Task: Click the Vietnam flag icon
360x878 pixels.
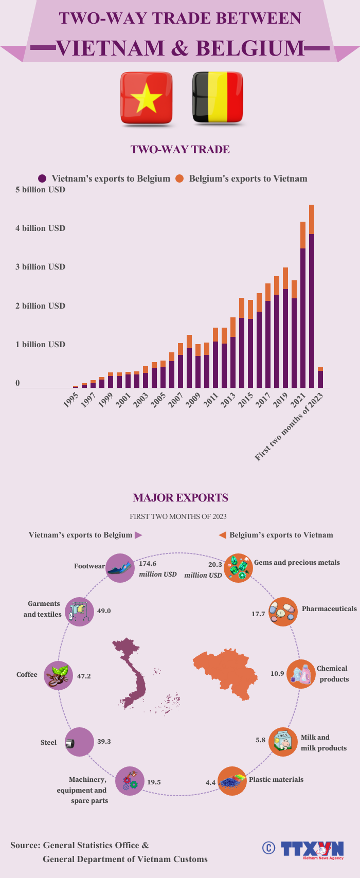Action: pyautogui.click(x=146, y=98)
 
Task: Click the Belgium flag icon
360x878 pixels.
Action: pyautogui.click(x=217, y=98)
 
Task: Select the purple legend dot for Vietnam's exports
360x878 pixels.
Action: pyautogui.click(x=42, y=178)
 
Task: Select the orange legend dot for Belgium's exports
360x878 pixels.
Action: pyautogui.click(x=179, y=178)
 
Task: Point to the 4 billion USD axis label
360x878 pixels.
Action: pyautogui.click(x=40, y=228)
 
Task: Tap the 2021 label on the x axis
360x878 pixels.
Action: pyautogui.click(x=298, y=401)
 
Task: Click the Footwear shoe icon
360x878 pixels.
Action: pyautogui.click(x=120, y=568)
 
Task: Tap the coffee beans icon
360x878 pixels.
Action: pyautogui.click(x=58, y=676)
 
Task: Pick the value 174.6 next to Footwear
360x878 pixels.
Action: pyautogui.click(x=148, y=564)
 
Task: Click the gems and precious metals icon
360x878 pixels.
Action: pyautogui.click(x=238, y=568)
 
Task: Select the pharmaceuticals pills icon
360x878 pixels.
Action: pyautogui.click(x=283, y=612)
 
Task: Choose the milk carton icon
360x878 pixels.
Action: pyautogui.click(x=283, y=742)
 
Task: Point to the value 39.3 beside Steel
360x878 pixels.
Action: pyautogui.click(x=104, y=741)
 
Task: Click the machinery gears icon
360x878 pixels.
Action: pyautogui.click(x=129, y=781)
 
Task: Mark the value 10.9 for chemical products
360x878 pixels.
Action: pyautogui.click(x=277, y=673)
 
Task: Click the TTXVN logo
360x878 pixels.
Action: pyautogui.click(x=312, y=849)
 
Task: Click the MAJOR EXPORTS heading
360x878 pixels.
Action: pyautogui.click(x=181, y=497)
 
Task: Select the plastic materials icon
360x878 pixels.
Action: pyautogui.click(x=232, y=781)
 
